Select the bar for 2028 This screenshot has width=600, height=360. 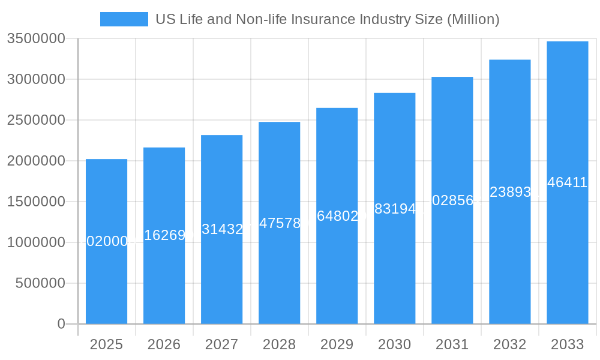click(279, 270)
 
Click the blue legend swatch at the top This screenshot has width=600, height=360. click(124, 19)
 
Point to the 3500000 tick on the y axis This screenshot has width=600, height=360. click(35, 38)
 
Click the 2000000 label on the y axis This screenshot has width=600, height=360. click(35, 161)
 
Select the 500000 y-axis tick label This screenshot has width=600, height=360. click(40, 283)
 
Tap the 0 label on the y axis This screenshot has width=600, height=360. click(61, 324)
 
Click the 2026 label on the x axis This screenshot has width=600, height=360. click(164, 344)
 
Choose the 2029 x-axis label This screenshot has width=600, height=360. click(337, 344)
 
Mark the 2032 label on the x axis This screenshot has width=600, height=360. click(509, 344)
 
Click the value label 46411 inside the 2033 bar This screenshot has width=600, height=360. click(567, 182)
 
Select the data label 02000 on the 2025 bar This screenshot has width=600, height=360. click(107, 241)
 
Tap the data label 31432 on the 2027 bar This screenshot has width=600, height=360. click(222, 229)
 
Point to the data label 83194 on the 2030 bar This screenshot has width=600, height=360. click(394, 209)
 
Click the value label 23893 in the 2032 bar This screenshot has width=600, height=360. click(510, 192)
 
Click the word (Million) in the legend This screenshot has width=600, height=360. click(473, 19)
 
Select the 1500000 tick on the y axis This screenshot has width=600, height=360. click(35, 202)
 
